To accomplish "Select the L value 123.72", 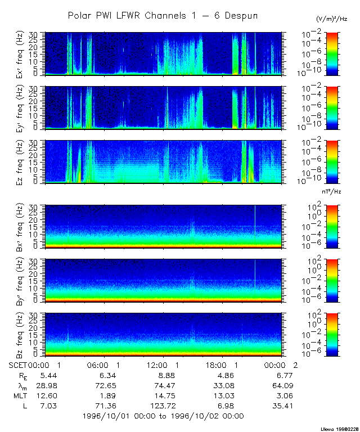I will pyautogui.click(x=164, y=405).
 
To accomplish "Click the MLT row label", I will pyautogui.click(x=18, y=395).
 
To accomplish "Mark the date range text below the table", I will pyautogui.click(x=163, y=416).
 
